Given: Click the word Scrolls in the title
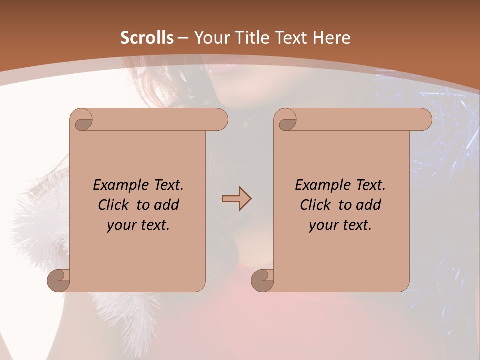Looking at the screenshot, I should click(x=147, y=38).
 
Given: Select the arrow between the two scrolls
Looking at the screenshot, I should click(x=236, y=199).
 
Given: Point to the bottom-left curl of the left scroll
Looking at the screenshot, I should click(x=59, y=280).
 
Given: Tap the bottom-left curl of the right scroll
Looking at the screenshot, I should click(x=263, y=280).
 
